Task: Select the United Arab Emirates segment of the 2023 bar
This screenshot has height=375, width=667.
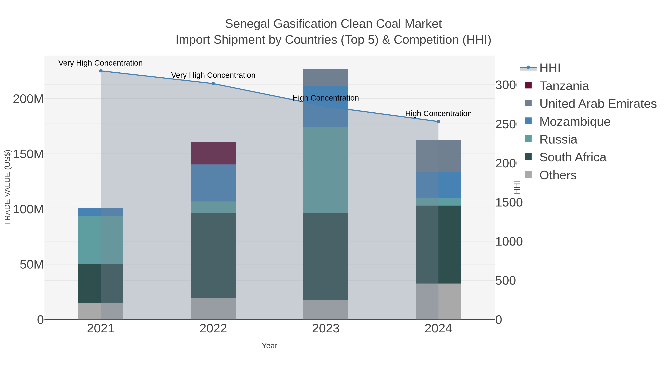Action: (326, 77)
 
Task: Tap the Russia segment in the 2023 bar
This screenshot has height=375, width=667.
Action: (326, 170)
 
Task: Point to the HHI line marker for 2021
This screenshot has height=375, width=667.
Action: (101, 71)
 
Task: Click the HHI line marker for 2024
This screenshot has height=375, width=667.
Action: (438, 121)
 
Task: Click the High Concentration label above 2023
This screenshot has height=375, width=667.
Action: (326, 98)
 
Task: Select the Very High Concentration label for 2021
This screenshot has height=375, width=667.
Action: (100, 63)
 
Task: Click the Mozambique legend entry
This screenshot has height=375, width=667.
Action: (575, 122)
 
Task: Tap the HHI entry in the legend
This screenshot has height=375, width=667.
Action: (550, 68)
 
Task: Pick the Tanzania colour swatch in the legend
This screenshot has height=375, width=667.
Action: (528, 85)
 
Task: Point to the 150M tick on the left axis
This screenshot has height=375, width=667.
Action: (28, 154)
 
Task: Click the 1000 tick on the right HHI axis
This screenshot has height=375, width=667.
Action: (509, 241)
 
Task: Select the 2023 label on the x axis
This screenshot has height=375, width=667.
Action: (326, 329)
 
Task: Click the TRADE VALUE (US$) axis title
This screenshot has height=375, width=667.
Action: (8, 187)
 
